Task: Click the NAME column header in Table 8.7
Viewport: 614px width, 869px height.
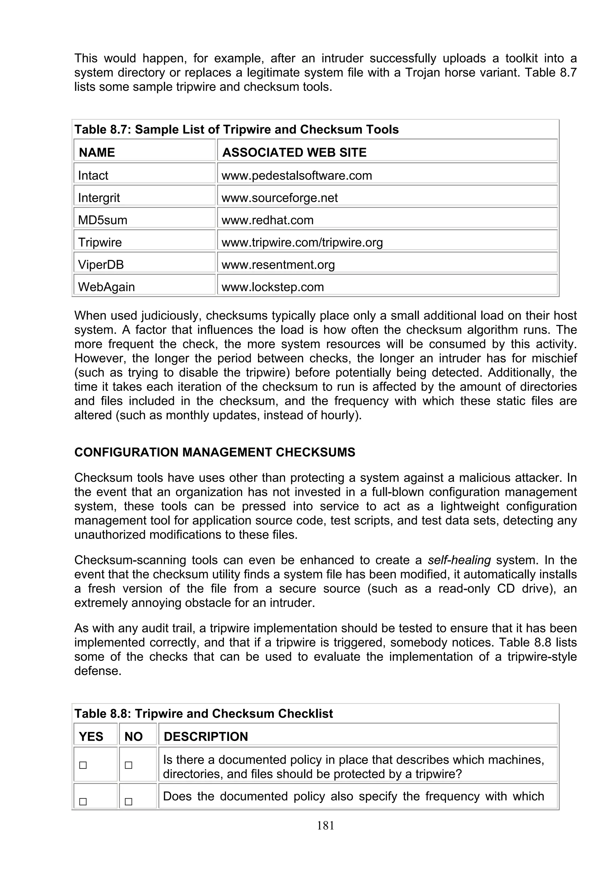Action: click(x=97, y=153)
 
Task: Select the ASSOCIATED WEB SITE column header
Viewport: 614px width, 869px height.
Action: click(x=294, y=153)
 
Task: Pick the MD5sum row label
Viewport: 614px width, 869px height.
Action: click(x=103, y=220)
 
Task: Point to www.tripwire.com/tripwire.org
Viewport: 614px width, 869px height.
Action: click(x=302, y=242)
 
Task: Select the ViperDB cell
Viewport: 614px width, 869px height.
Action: click(x=101, y=264)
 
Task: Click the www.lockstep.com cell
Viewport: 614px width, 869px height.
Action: click(x=273, y=287)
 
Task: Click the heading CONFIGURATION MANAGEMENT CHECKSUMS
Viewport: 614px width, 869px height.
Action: click(x=214, y=452)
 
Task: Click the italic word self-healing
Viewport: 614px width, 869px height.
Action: click(x=459, y=560)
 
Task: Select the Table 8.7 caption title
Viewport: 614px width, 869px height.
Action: click(x=237, y=130)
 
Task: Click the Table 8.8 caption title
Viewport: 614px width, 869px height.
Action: click(x=204, y=713)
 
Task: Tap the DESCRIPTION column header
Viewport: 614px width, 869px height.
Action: click(x=206, y=736)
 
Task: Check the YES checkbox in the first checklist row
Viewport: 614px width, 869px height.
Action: click(x=83, y=765)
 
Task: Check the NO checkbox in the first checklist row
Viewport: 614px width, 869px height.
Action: click(x=129, y=765)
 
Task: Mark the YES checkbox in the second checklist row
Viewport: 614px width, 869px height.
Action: click(x=83, y=802)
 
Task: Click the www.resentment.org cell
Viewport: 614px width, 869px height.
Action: click(x=278, y=264)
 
